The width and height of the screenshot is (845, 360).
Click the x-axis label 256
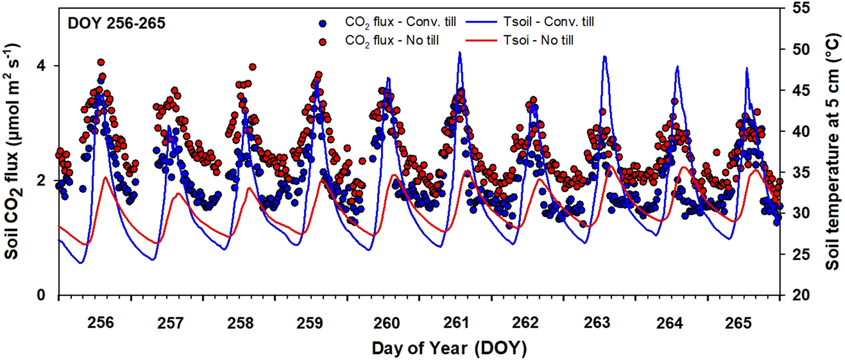point(100,323)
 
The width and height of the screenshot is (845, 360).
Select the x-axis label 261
point(456,323)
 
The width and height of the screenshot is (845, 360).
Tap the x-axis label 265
point(738,323)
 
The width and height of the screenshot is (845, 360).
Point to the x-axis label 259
point(310,323)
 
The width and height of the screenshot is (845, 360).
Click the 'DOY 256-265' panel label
point(116,23)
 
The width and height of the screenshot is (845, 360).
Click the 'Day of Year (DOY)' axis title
point(449,348)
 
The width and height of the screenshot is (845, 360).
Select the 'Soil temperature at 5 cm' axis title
point(832,152)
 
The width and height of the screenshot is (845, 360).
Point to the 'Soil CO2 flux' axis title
point(12,152)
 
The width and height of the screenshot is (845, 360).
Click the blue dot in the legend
point(324,23)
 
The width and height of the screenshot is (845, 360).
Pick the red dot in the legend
point(324,42)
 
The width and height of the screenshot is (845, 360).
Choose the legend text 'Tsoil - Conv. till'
point(548,22)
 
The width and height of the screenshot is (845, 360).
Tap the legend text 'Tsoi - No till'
point(538,41)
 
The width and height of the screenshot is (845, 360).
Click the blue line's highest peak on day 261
point(460,52)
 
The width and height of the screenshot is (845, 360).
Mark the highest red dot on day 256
point(100,62)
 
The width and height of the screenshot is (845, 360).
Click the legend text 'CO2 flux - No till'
point(392,41)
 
